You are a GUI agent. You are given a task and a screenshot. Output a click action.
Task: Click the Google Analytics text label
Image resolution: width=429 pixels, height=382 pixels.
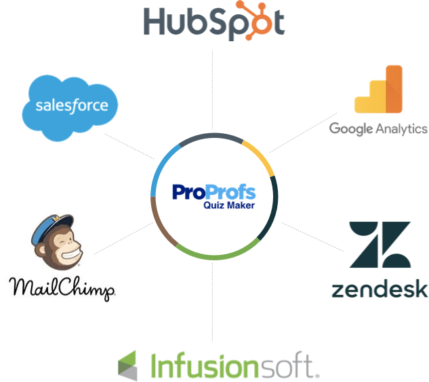point(378,128)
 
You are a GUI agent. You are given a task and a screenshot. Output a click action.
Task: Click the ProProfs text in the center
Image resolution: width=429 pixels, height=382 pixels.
point(214,193)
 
